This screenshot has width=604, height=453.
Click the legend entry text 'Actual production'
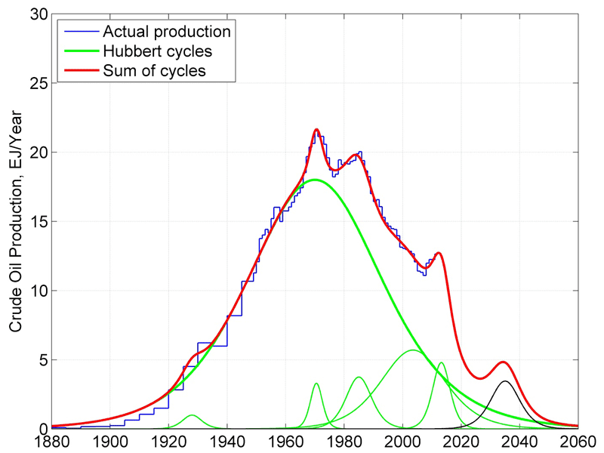[166, 32]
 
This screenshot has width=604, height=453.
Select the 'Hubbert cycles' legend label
[157, 52]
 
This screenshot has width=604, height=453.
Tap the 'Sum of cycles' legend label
[154, 72]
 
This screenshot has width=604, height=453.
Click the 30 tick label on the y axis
[38, 14]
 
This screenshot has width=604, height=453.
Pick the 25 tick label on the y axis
[38, 83]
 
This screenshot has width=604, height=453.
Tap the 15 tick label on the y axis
[38, 221]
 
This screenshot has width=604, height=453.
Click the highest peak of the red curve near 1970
[316, 130]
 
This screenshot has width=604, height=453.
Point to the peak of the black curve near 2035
[505, 381]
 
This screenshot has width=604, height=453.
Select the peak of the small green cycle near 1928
[192, 415]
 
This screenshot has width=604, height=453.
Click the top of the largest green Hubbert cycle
[315, 180]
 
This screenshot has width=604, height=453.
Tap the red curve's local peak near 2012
[438, 253]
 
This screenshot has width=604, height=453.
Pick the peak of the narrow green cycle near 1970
[316, 384]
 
